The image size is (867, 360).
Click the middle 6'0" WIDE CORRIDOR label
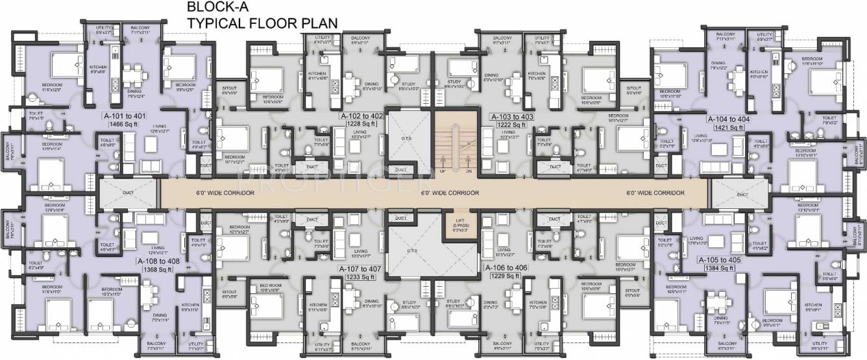pos(450,193)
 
